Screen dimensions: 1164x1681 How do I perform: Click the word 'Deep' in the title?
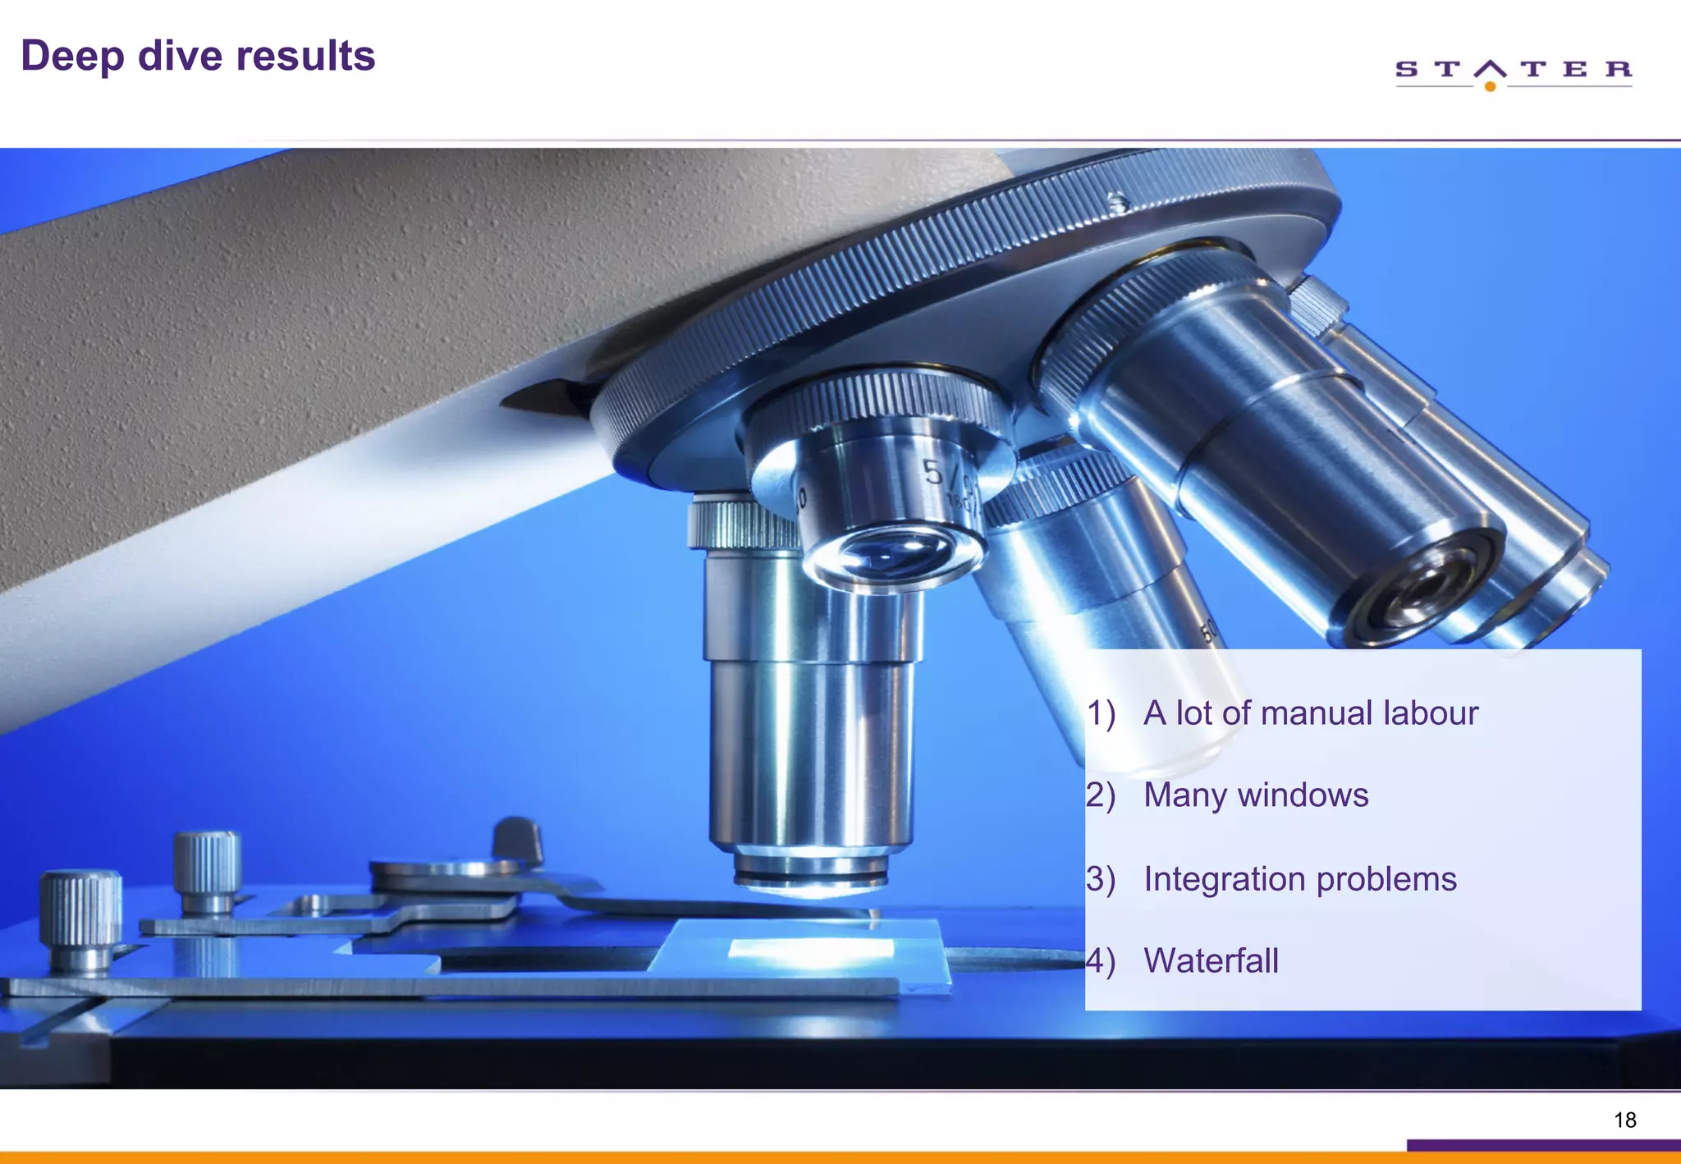72,57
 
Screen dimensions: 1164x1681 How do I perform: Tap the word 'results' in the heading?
305,56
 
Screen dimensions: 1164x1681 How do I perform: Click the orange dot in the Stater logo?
1490,86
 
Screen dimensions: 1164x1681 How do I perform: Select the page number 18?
1624,1120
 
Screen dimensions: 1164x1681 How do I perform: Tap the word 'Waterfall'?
1211,961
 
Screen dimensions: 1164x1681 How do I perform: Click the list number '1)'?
1102,713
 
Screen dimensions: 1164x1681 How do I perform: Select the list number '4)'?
1101,961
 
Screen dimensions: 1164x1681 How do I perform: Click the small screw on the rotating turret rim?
1117,202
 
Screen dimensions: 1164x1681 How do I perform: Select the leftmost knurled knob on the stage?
80,915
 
